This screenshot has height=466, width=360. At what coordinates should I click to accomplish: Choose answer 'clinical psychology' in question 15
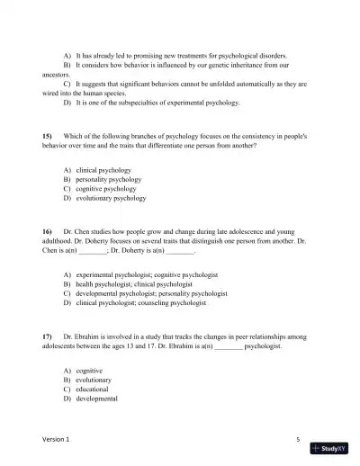(x=103, y=170)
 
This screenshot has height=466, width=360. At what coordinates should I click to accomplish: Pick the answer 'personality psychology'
(x=108, y=180)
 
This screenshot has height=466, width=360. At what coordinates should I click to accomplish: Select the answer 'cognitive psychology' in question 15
(x=105, y=190)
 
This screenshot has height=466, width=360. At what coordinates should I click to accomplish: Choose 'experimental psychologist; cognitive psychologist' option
(x=147, y=274)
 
